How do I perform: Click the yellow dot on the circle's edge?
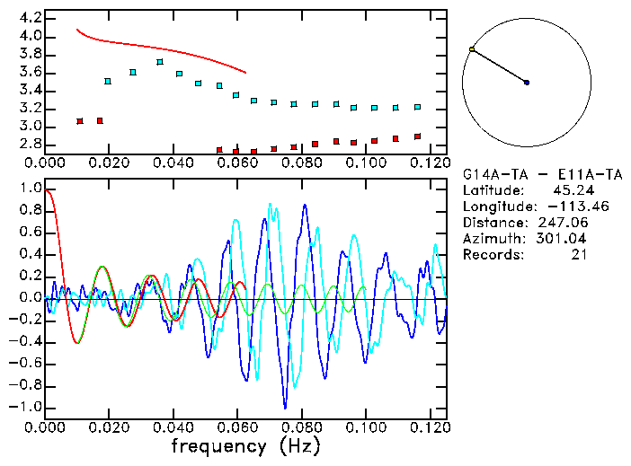[x=471, y=49]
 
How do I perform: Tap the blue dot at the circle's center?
[x=527, y=83]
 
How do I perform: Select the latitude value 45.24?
[x=571, y=190]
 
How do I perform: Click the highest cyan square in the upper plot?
[x=160, y=62]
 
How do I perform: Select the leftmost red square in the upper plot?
[x=80, y=121]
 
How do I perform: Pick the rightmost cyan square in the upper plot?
[x=417, y=107]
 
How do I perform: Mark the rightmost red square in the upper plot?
[x=417, y=136]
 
